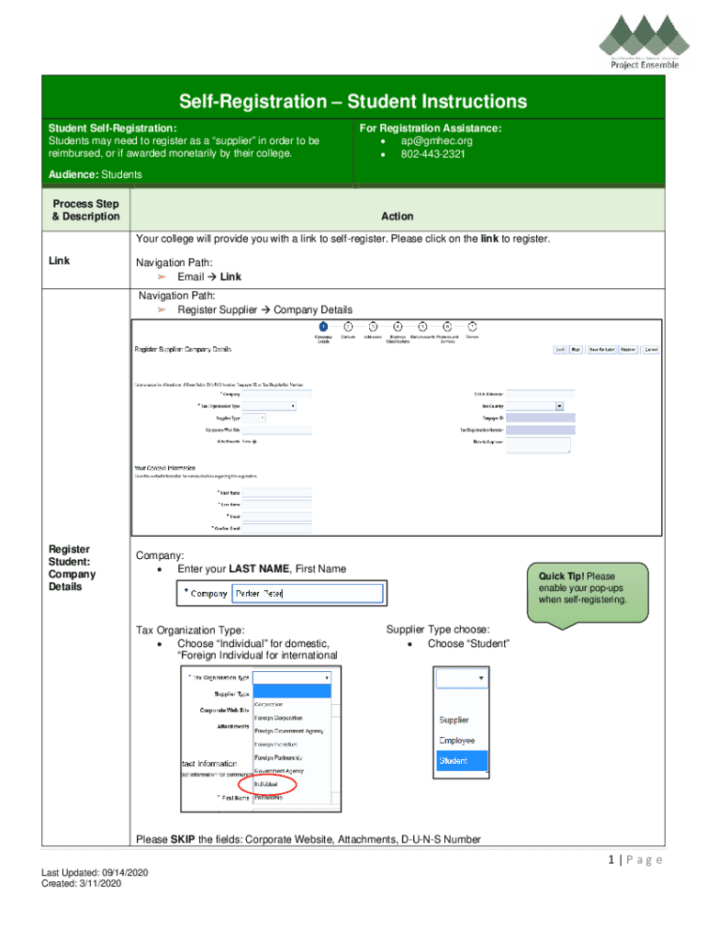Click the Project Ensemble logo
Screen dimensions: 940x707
coord(644,40)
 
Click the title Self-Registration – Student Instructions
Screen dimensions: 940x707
coord(353,101)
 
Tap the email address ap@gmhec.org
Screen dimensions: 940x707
coord(436,141)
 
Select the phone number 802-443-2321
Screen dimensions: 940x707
coord(432,154)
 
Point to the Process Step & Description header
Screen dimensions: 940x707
coord(85,210)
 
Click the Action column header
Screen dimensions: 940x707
coord(397,217)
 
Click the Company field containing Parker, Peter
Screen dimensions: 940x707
coord(307,594)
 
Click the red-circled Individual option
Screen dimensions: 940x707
coord(265,785)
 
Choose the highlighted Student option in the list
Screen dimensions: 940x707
coord(461,761)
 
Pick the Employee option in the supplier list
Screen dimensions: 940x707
coord(458,740)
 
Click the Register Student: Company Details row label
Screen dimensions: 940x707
coord(72,568)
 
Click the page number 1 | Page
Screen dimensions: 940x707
coord(634,859)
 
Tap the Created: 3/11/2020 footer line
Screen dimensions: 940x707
coord(81,883)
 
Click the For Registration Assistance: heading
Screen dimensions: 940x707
coord(431,129)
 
